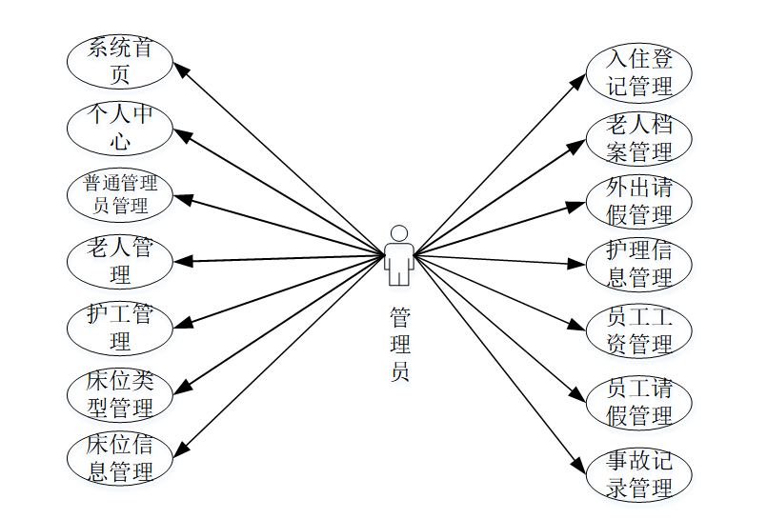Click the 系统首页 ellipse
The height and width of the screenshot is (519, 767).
[x=119, y=61]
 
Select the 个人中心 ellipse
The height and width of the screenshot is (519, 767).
[x=119, y=129]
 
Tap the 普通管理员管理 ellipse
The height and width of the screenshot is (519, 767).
[x=119, y=193]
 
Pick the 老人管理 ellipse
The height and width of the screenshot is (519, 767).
[x=119, y=261]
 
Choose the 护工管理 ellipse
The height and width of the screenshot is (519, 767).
[x=119, y=326]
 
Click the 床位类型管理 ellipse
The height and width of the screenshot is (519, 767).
[x=119, y=393]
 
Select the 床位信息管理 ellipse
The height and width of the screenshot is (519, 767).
[x=119, y=458]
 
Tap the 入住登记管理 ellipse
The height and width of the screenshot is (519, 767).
[x=639, y=71]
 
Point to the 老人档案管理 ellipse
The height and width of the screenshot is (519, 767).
[x=639, y=138]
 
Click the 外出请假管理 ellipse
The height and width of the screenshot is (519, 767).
[x=639, y=202]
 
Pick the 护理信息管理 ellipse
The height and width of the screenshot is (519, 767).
[x=639, y=264]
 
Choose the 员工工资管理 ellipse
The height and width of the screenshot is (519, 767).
[x=639, y=330]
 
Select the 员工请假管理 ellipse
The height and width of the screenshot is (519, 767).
[x=639, y=402]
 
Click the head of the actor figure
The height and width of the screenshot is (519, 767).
[x=399, y=233]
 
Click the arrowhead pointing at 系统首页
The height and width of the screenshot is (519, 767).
[x=180, y=69]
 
